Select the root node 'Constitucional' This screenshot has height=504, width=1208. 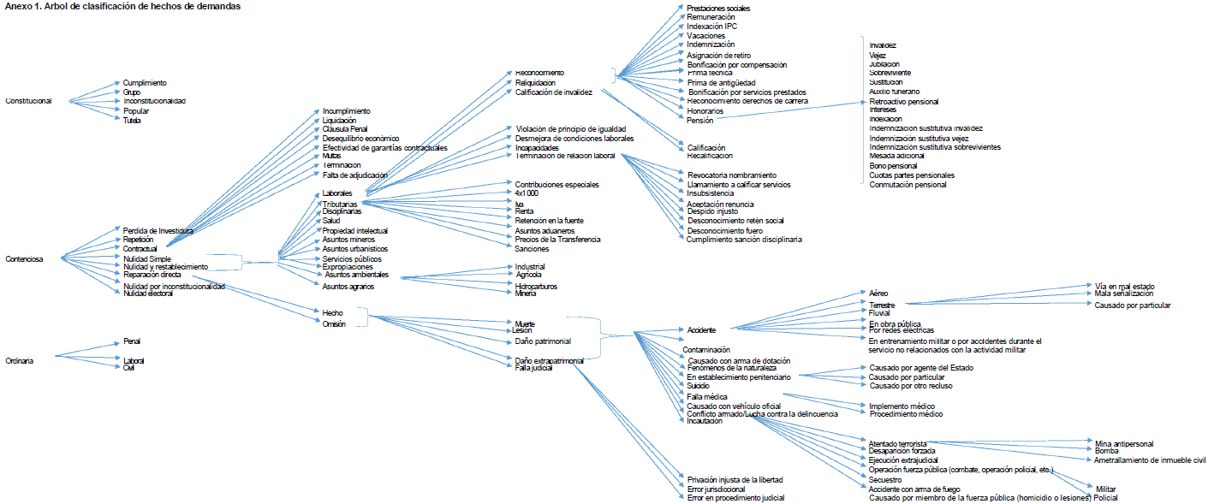[28, 101]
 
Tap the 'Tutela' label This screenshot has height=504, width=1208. [132, 121]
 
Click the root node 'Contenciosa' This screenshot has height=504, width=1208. [24, 258]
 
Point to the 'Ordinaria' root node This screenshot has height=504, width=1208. [20, 361]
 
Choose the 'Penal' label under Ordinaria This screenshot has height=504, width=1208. [132, 341]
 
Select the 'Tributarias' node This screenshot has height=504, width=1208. [340, 204]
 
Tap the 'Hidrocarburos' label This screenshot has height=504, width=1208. [536, 286]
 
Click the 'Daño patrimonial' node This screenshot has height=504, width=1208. [542, 341]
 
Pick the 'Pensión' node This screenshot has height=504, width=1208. [699, 121]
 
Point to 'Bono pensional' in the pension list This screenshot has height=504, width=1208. [893, 166]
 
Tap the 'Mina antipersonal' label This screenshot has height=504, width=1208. [1124, 444]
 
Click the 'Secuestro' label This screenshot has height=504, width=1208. [885, 480]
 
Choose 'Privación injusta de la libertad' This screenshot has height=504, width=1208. [735, 480]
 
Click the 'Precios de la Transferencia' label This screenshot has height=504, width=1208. [557, 240]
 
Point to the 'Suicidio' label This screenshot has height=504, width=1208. [699, 386]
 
